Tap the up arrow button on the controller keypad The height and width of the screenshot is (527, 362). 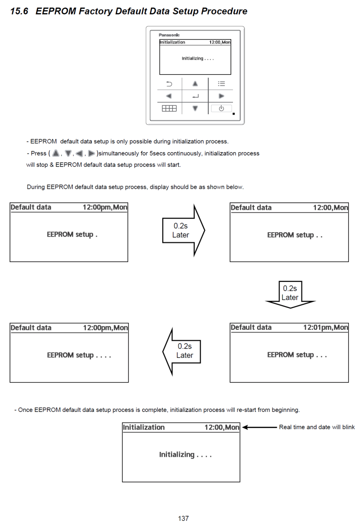click(195, 83)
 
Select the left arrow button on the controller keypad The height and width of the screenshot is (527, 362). click(169, 96)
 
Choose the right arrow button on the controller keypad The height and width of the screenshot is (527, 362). click(221, 96)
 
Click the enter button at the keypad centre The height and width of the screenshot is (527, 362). click(195, 96)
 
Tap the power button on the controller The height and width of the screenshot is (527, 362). click(221, 108)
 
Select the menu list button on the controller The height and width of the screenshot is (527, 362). click(221, 83)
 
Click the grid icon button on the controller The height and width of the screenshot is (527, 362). click(169, 108)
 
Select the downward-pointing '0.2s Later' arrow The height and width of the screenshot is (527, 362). click(290, 293)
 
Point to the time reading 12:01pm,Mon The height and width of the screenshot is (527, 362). click(326, 328)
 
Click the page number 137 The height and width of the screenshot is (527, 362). click(183, 519)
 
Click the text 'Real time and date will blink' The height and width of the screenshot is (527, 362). click(317, 427)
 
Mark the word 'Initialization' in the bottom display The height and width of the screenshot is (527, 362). click(144, 427)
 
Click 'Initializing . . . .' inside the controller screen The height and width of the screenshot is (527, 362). click(198, 58)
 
